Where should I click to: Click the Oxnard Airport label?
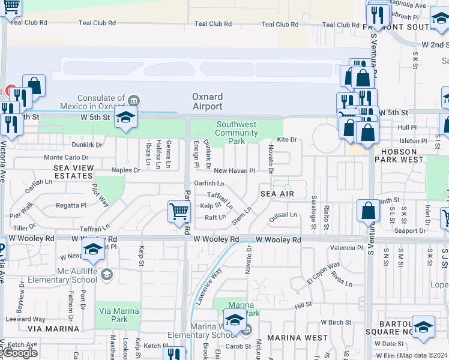pyautogui.click(x=207, y=101)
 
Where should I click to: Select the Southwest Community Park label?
pyautogui.click(x=236, y=133)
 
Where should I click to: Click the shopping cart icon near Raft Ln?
pyautogui.click(x=179, y=211)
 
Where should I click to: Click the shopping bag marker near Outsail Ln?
pyautogui.click(x=369, y=211)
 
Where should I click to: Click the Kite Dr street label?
pyautogui.click(x=287, y=139)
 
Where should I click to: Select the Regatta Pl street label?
pyautogui.click(x=71, y=205)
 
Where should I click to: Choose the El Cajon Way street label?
pyautogui.click(x=324, y=269)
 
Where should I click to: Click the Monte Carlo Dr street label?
pyautogui.click(x=65, y=157)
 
